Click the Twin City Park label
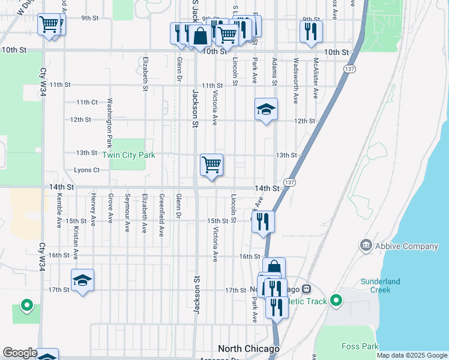(128, 155)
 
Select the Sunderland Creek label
(384, 286)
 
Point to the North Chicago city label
(249, 349)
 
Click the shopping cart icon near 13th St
(211, 164)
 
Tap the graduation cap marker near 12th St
(266, 110)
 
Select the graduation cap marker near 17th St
(82, 280)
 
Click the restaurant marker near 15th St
(263, 221)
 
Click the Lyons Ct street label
(86, 170)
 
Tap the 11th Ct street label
(86, 103)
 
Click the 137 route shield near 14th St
(289, 182)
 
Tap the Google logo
(20, 352)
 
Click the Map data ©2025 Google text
(411, 355)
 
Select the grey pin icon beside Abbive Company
(366, 245)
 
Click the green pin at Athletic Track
(336, 300)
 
